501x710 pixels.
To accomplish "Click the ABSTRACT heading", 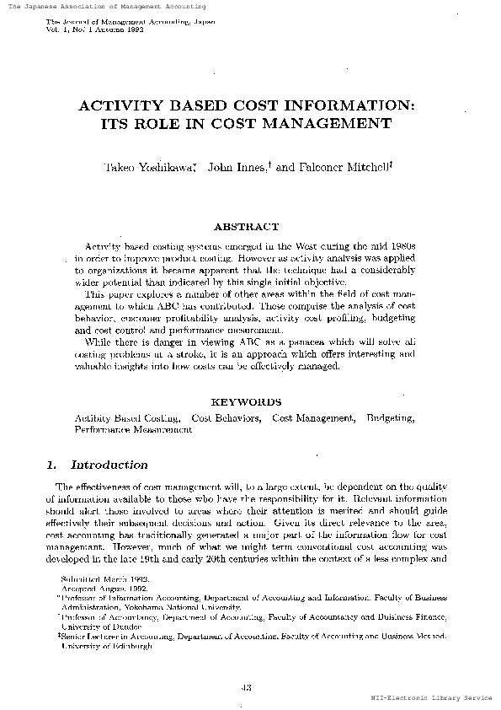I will click(246, 227).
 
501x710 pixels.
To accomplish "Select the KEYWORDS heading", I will click(246, 402).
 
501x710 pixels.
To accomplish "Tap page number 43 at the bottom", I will click(247, 686).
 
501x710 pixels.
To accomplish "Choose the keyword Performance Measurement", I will click(133, 428).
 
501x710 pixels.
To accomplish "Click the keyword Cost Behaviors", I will click(226, 417).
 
